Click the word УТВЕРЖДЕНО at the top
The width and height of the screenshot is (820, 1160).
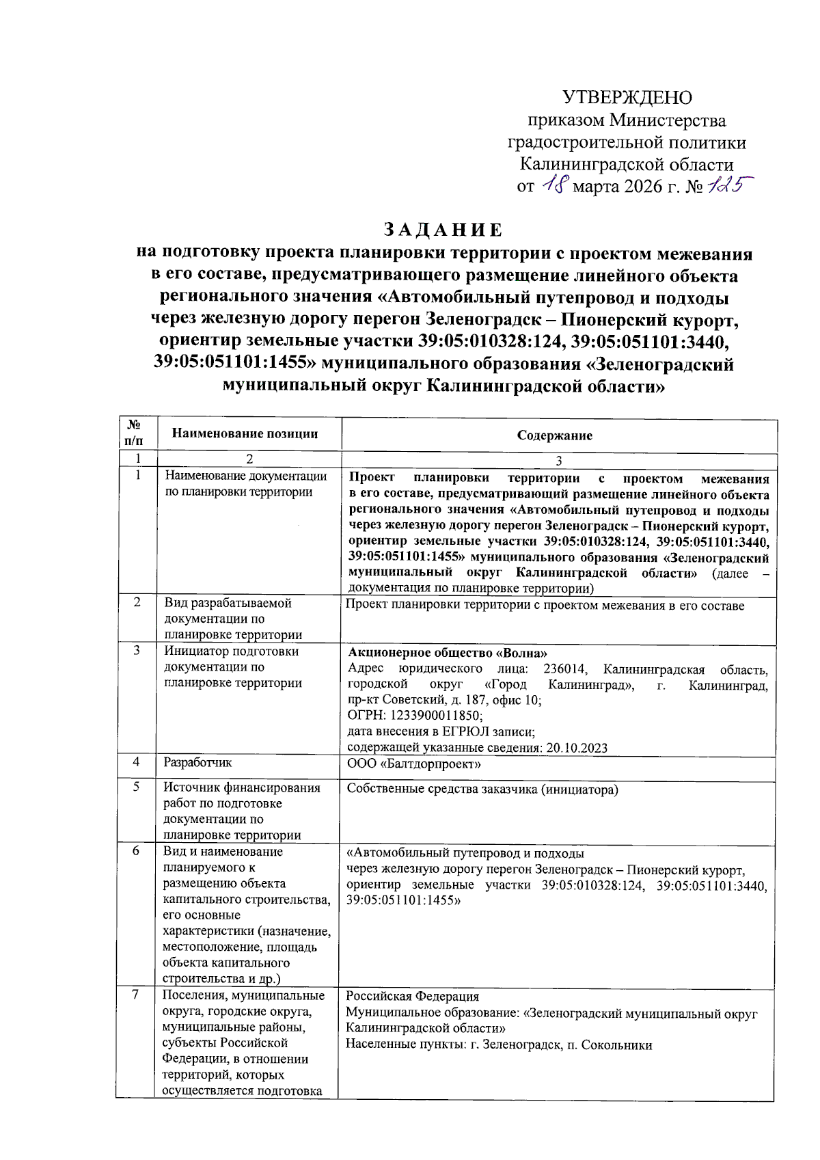point(627,98)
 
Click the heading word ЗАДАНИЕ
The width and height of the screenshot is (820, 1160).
point(443,230)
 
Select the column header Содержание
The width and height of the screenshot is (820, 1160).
point(554,435)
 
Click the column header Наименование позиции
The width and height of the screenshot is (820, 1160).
point(245,433)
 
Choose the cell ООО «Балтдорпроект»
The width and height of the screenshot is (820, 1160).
point(413,764)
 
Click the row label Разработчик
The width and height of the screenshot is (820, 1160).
point(197,762)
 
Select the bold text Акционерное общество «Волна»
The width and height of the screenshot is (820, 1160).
point(448,653)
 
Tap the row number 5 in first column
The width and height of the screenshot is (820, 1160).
point(136,787)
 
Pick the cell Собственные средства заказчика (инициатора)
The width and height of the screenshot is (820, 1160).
point(482,790)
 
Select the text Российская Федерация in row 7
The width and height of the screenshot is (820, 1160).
point(412,997)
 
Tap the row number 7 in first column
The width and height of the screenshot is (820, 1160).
point(136,995)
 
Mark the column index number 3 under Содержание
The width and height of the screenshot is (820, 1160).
point(558,461)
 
